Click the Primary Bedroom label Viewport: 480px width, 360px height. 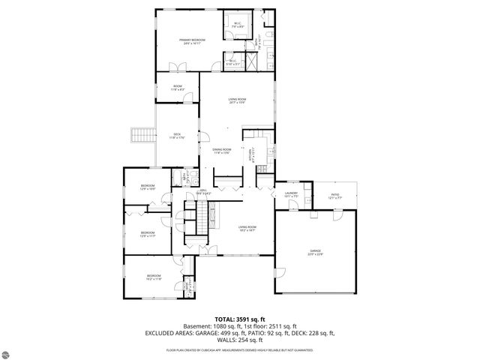[192, 40]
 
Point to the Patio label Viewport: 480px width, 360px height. [334, 194]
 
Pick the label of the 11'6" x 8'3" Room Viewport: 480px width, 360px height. [178, 88]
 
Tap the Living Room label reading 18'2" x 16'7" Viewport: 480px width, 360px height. [247, 229]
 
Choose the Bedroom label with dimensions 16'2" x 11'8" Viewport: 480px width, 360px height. [153, 277]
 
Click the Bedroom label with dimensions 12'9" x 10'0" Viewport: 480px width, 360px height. [147, 187]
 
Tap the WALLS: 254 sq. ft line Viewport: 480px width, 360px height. [239, 339]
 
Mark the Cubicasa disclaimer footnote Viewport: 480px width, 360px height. [239, 349]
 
